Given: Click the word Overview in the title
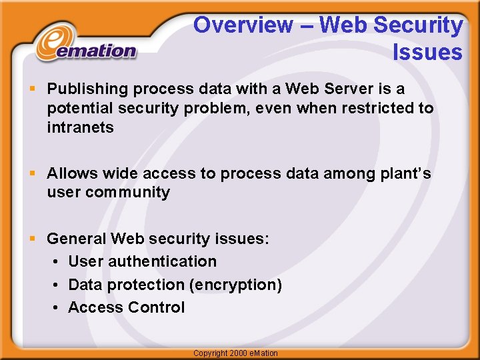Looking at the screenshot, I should point(243,25).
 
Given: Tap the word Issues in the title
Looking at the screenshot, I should point(427,52).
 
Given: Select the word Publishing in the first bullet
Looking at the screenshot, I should point(87,89).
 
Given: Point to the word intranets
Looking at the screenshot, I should point(80,127).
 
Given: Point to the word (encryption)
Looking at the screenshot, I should point(235,285).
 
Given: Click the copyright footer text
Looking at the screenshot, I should point(235,353).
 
